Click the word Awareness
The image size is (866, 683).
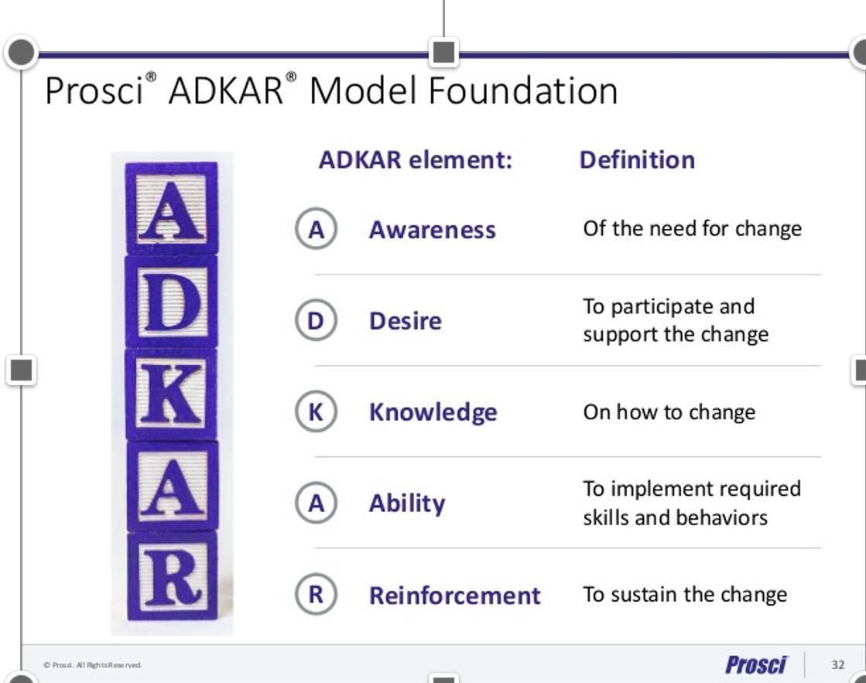[x=433, y=230]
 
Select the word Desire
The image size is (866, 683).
[x=406, y=321]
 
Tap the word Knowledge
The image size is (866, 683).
[x=433, y=412]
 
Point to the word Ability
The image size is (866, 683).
[x=407, y=504]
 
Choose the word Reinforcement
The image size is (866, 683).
[x=454, y=596]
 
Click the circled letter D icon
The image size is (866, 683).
[x=316, y=320]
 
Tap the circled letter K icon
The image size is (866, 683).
[x=316, y=412]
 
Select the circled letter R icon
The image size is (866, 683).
[x=316, y=594]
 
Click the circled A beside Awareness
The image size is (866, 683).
[x=316, y=229]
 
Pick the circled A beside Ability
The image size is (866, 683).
[x=316, y=503]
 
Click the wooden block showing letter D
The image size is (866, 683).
[x=172, y=302]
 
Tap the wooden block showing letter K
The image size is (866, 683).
[x=172, y=394]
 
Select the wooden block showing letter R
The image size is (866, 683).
[x=173, y=575]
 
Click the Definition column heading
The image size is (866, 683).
[x=637, y=160]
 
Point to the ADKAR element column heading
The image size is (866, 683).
[x=416, y=160]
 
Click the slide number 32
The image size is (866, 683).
[x=838, y=664]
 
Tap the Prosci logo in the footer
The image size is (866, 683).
[x=756, y=664]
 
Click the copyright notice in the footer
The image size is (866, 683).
[x=92, y=664]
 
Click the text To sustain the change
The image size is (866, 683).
[x=685, y=595]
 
